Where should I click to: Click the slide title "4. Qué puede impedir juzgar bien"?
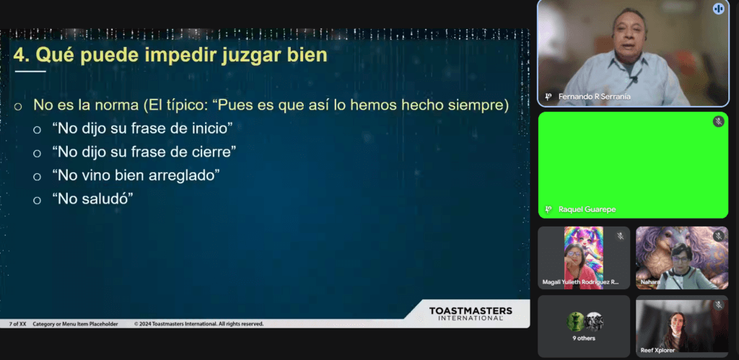pos(170,55)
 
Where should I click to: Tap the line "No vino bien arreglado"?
pos(135,175)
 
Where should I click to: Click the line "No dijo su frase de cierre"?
pos(144,152)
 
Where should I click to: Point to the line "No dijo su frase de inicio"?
pos(141,128)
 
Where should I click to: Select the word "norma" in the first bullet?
pos(116,105)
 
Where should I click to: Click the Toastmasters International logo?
pos(470,313)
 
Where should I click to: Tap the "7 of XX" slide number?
pos(17,324)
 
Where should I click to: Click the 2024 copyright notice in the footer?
pos(198,324)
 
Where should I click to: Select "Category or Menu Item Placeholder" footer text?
pos(75,324)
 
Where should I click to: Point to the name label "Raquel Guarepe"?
pos(587,209)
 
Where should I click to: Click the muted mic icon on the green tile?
pos(718,121)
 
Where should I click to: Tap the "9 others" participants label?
pos(584,338)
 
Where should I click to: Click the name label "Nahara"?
pos(650,282)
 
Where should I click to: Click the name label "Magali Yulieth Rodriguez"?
pos(580,282)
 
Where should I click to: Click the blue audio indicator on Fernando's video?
pos(718,9)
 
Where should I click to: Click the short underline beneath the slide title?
pos(30,71)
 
